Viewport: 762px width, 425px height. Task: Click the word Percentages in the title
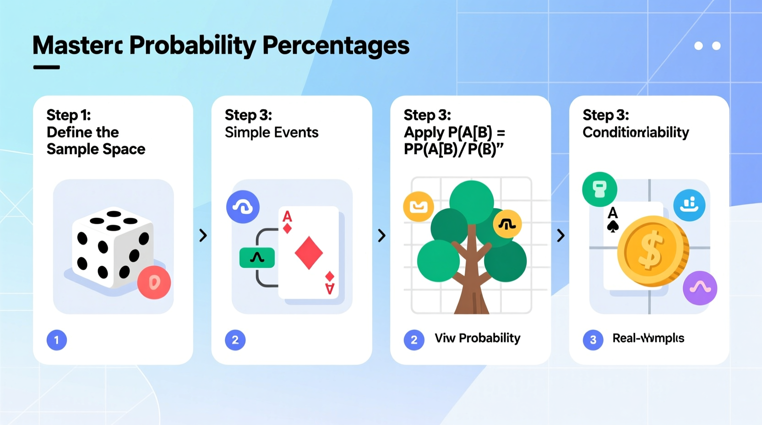[x=336, y=46]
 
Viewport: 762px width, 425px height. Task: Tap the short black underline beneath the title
[x=46, y=67]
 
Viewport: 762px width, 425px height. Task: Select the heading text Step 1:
[x=69, y=115]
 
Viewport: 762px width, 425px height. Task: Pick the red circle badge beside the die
[x=154, y=283]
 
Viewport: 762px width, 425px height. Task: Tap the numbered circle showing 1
[x=57, y=340]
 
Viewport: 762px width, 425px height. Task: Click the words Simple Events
[x=272, y=132]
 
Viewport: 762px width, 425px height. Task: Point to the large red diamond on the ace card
[x=309, y=253]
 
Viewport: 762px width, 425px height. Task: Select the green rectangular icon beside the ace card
[x=257, y=258]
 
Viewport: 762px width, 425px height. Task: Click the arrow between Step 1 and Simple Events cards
[x=203, y=235]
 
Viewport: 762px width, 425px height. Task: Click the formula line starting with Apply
[x=454, y=132]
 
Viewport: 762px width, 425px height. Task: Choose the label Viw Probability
[x=477, y=338]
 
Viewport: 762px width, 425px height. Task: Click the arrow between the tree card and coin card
[x=561, y=235]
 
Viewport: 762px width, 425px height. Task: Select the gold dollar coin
[x=653, y=251]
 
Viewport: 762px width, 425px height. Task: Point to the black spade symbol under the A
[x=613, y=226]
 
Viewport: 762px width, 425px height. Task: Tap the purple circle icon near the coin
[x=700, y=288]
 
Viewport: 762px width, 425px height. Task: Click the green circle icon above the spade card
[x=599, y=189]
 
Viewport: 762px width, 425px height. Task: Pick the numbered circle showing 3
[x=593, y=340]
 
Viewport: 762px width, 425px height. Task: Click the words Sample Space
[x=96, y=149]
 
